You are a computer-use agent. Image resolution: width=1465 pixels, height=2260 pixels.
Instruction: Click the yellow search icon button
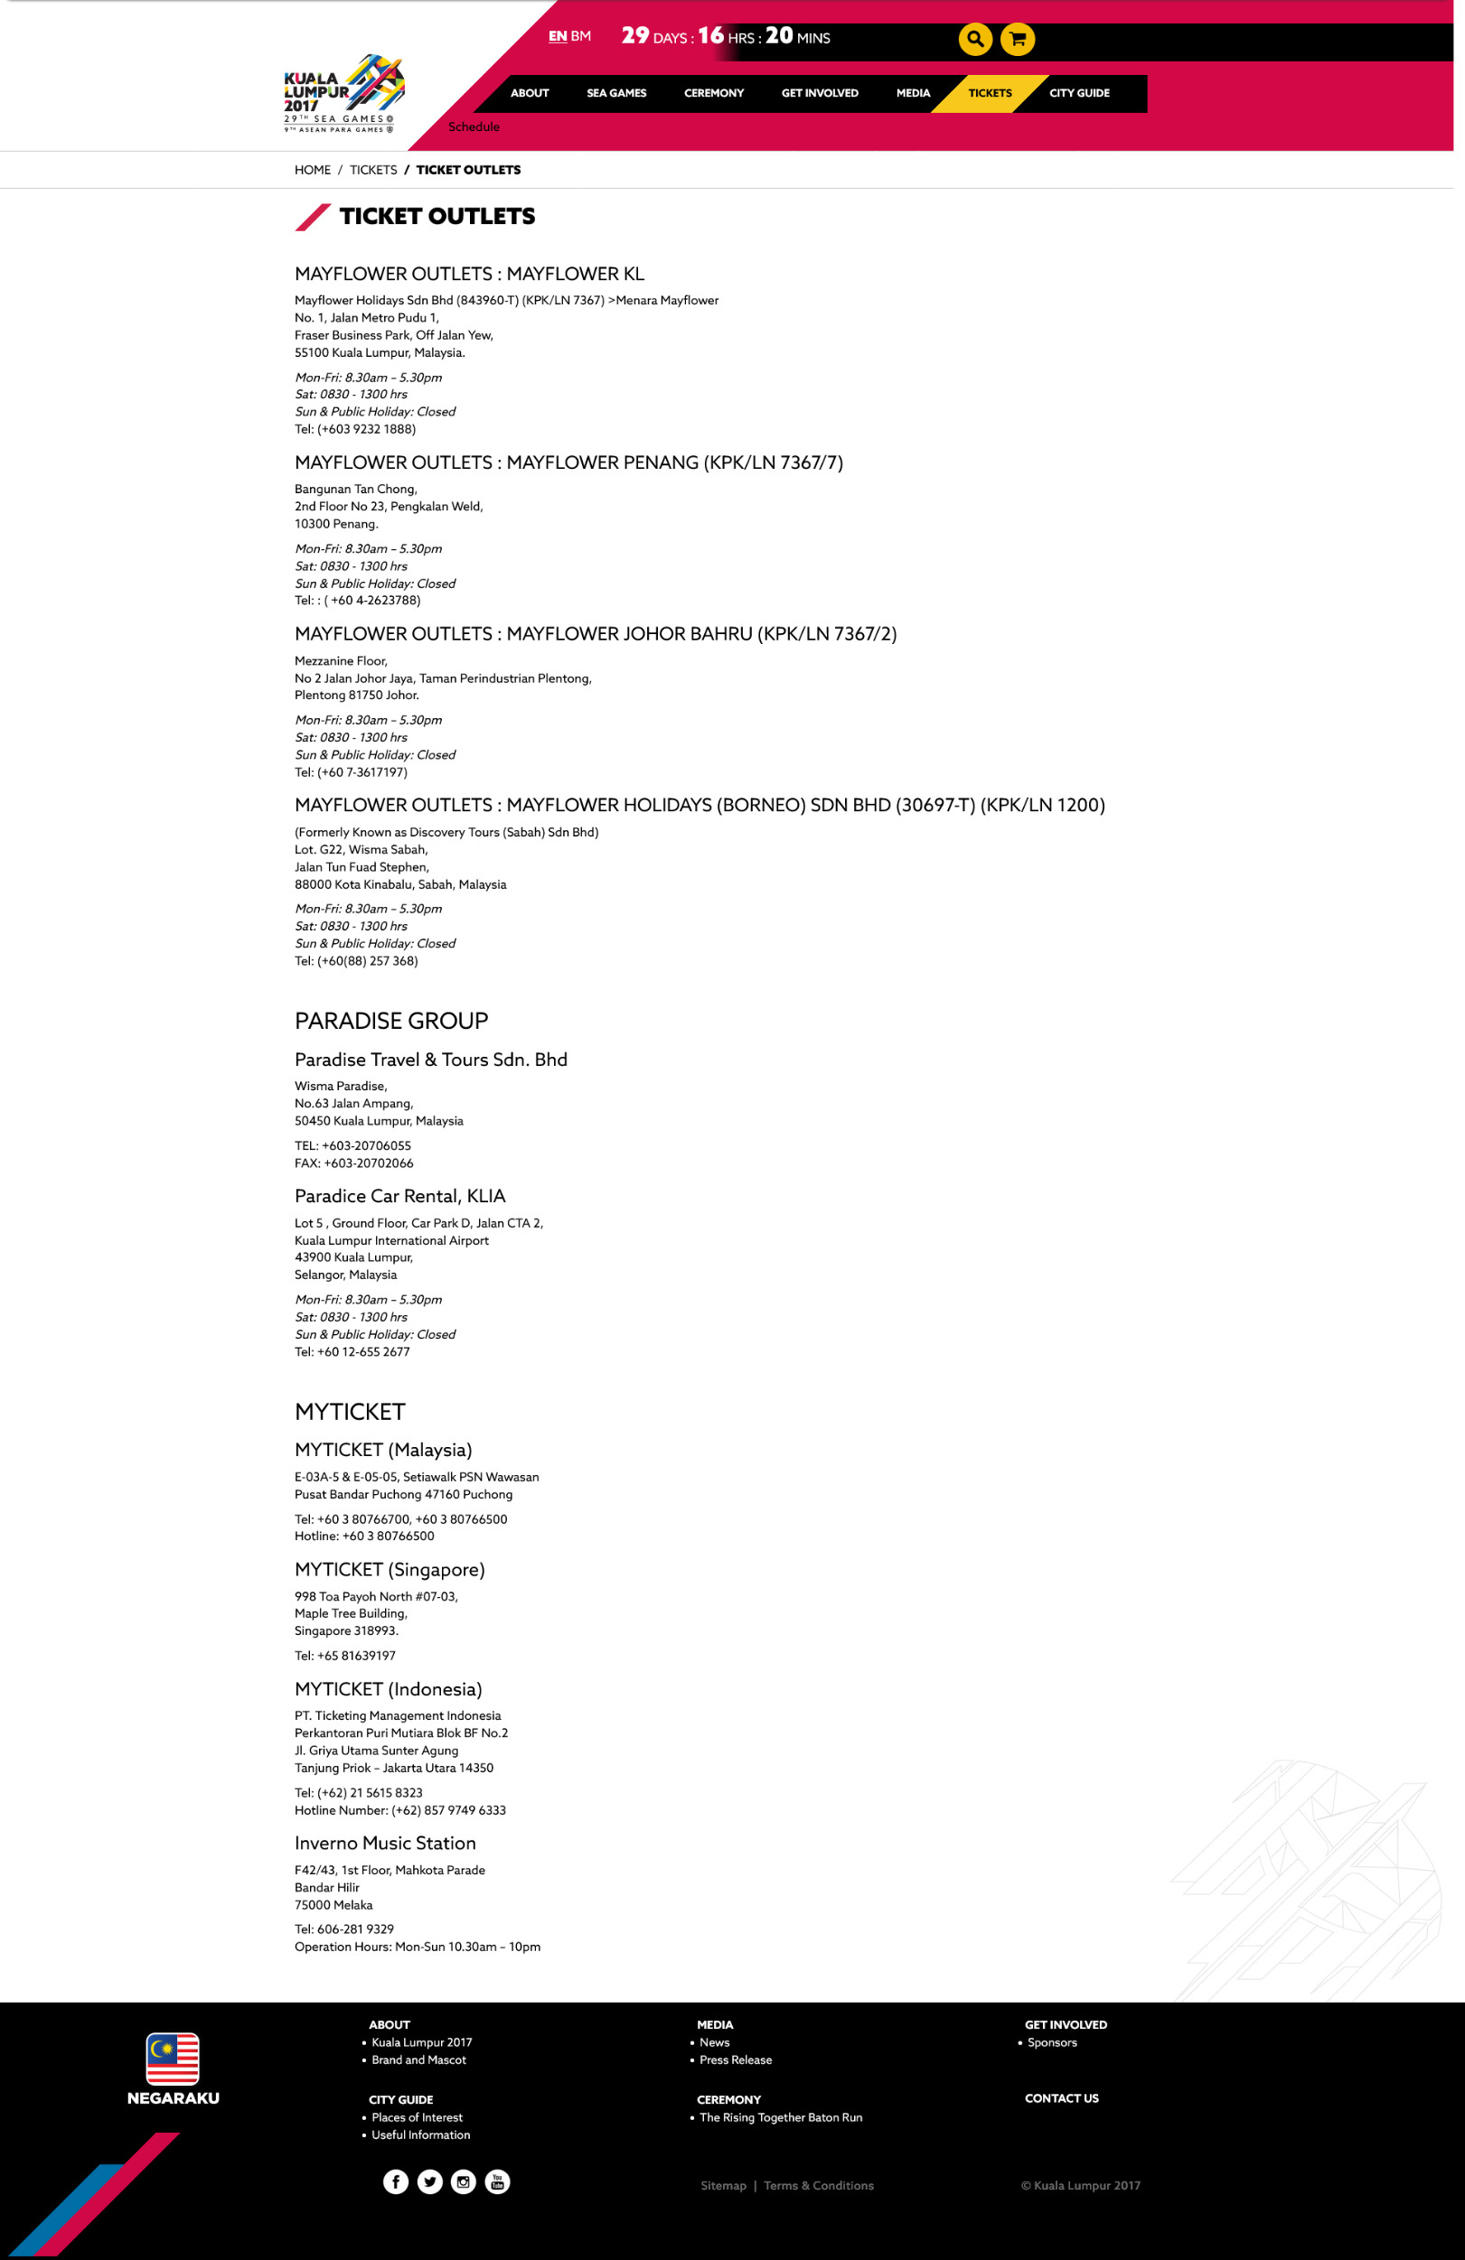point(975,39)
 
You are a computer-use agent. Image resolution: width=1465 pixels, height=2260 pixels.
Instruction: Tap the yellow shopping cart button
point(1017,39)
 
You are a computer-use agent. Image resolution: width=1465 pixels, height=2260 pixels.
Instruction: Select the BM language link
point(580,36)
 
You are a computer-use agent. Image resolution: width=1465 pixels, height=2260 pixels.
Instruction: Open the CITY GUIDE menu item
point(1078,93)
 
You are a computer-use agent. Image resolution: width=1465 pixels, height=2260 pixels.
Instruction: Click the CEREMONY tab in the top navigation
point(713,93)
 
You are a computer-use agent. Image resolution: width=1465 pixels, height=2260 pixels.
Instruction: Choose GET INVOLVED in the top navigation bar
point(819,93)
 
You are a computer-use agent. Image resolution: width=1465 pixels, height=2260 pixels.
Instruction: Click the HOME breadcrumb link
point(313,170)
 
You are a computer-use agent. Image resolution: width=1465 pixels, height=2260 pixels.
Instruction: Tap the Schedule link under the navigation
point(474,127)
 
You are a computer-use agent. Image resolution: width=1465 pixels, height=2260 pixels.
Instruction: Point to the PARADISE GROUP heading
point(391,1021)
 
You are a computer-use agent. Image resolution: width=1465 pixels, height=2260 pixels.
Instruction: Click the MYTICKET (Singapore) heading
point(390,1570)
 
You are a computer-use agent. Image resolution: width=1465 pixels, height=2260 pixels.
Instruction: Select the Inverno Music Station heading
point(385,1843)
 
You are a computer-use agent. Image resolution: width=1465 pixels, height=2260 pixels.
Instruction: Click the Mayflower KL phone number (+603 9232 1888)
point(367,429)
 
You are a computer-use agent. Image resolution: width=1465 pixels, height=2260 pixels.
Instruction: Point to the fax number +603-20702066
point(368,1163)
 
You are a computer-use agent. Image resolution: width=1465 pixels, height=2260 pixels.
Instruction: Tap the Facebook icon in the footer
point(395,2182)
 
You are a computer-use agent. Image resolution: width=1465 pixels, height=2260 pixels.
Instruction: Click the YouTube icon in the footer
point(497,2182)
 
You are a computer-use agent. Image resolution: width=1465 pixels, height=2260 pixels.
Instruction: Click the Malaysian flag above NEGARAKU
point(173,2059)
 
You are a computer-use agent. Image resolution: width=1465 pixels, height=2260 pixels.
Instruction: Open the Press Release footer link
point(736,2060)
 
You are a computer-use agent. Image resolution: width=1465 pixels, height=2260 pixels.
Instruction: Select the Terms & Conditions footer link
point(818,2186)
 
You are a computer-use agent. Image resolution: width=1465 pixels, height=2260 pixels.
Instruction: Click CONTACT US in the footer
point(1061,2098)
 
